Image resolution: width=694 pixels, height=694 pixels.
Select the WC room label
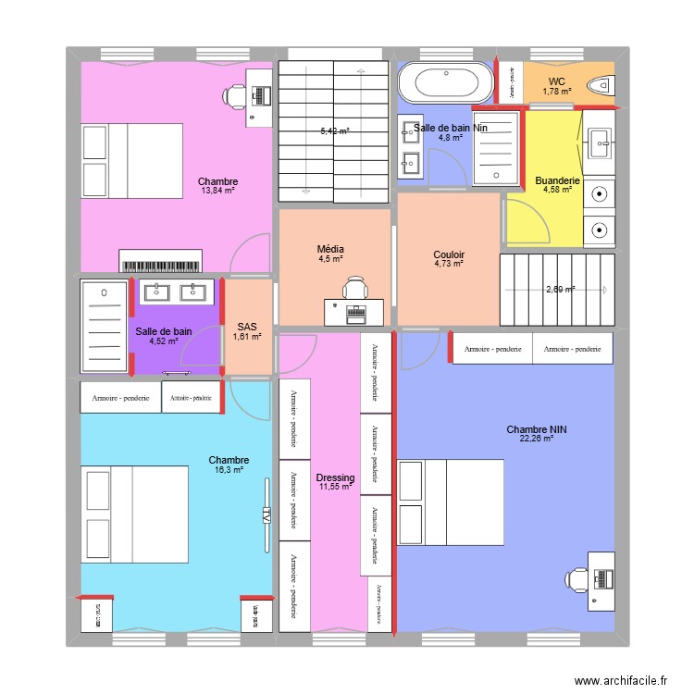point(557,81)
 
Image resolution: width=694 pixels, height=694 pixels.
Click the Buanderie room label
point(557,180)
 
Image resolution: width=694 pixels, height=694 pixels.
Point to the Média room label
point(330,250)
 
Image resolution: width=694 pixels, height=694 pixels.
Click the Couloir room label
point(449,254)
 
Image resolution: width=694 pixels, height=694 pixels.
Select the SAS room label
point(247,327)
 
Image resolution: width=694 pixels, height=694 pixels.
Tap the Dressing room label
point(333,477)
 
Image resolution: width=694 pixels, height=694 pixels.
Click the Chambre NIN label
point(536,429)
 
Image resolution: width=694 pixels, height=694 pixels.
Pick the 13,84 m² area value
point(217,192)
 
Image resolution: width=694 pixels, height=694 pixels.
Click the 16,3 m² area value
point(228,470)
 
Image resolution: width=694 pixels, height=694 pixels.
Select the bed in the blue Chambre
point(135,514)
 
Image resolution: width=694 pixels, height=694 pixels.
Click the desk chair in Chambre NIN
point(578,578)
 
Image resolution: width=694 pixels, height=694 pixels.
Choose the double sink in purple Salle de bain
point(176,292)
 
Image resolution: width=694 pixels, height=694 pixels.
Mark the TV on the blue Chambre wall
point(266,514)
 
